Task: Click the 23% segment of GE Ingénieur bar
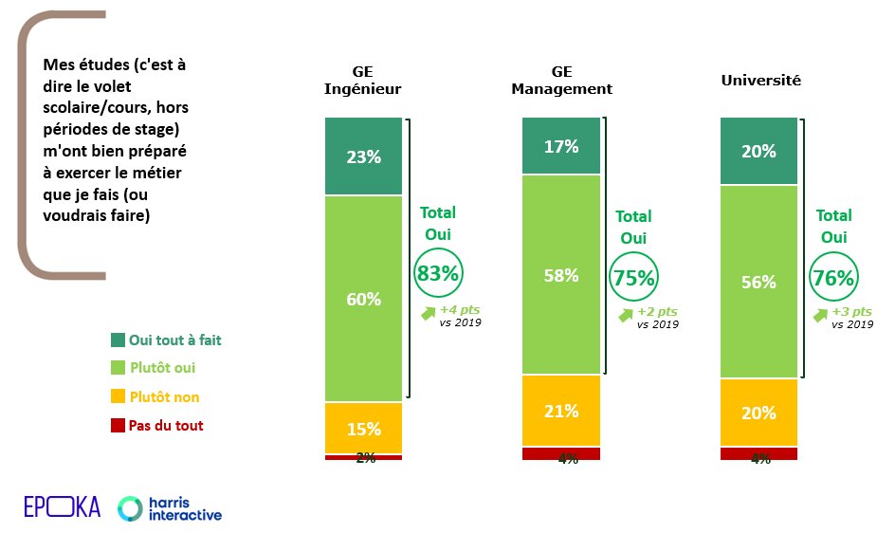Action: [x=364, y=156]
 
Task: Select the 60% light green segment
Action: [x=364, y=299]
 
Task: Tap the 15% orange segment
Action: [x=364, y=428]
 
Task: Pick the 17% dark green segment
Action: [x=561, y=146]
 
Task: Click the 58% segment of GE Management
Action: [x=561, y=275]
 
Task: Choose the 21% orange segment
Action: [x=561, y=410]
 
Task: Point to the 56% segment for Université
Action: [x=758, y=282]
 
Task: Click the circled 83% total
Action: [x=437, y=274]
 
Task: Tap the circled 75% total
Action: [x=633, y=278]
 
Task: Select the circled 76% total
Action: [x=833, y=278]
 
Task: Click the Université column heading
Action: [x=760, y=81]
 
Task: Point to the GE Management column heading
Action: [x=561, y=81]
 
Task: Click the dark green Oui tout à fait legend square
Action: [x=117, y=340]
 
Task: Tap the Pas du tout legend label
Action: [x=165, y=426]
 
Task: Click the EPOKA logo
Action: [x=62, y=507]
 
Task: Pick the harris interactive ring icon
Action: [x=131, y=508]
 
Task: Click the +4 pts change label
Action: [x=460, y=310]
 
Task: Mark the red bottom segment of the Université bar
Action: [x=758, y=453]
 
